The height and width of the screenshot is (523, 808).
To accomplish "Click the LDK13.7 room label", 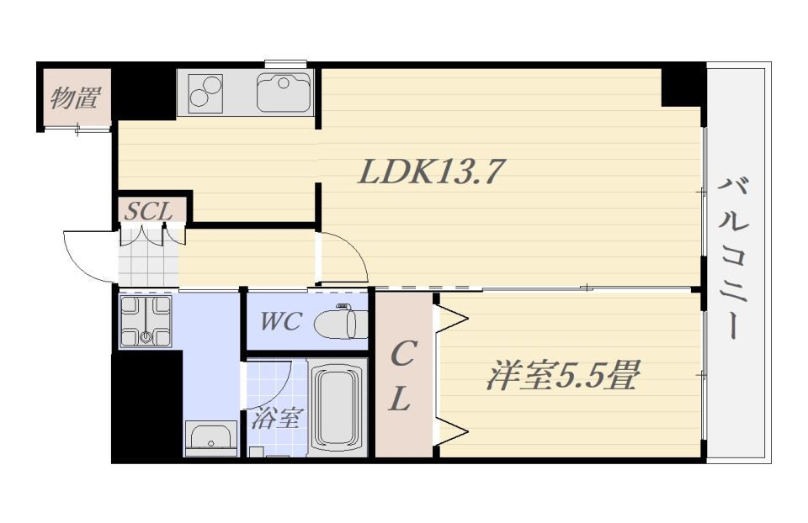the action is tap(430, 172).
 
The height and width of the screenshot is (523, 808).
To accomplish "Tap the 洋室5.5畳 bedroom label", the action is tap(563, 375).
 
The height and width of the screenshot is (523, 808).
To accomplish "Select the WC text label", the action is tap(281, 322).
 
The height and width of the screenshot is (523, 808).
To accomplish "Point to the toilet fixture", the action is tap(341, 322).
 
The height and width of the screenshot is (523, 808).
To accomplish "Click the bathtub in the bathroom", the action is tap(338, 408).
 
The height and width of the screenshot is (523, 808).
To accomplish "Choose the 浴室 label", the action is tap(275, 418).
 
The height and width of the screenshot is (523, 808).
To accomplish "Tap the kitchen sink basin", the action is tap(284, 92).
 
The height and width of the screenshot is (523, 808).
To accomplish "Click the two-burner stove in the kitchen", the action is tap(205, 92).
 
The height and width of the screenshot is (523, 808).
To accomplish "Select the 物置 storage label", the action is tap(75, 98).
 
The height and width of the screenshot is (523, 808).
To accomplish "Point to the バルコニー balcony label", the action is tap(734, 257).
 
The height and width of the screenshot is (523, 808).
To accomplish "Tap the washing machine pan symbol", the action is tap(146, 320).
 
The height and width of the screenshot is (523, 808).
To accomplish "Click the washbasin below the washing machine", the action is tap(210, 438).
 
